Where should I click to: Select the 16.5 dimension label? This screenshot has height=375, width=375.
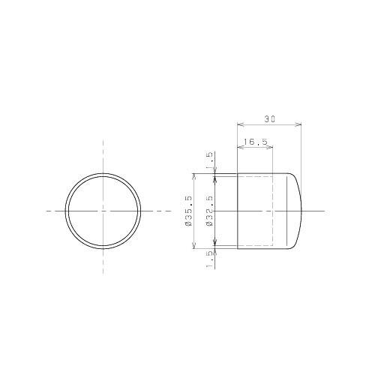click(x=254, y=140)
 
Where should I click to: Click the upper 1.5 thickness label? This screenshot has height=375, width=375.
click(x=209, y=159)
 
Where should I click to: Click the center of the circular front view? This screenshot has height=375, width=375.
click(x=103, y=211)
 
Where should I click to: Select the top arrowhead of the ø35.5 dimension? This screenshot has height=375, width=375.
click(x=195, y=176)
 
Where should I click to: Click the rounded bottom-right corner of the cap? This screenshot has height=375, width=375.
click(x=295, y=243)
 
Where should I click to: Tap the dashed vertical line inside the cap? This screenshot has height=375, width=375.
click(x=272, y=211)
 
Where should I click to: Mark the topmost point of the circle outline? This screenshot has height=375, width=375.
click(x=103, y=173)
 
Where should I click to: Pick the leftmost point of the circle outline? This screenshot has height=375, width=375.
click(x=64, y=211)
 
